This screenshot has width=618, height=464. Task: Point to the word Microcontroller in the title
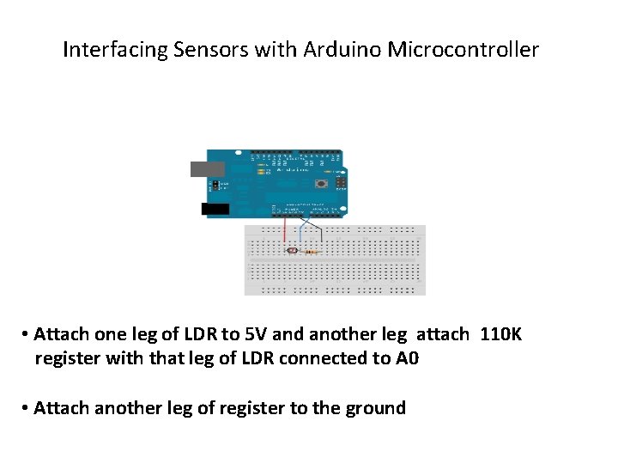coord(463,50)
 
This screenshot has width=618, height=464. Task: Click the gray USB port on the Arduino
coord(207,168)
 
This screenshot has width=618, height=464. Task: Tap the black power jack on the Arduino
coord(215,209)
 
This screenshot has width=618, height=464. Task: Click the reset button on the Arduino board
coord(321,183)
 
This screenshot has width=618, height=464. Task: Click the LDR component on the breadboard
coord(292,251)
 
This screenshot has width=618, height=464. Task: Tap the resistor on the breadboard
coord(310,252)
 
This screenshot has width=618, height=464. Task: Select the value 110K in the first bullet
coord(500,334)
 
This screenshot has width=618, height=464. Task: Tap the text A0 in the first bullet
coord(407,358)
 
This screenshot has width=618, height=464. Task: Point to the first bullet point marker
coord(27,334)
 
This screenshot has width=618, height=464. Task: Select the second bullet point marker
coord(27,408)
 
